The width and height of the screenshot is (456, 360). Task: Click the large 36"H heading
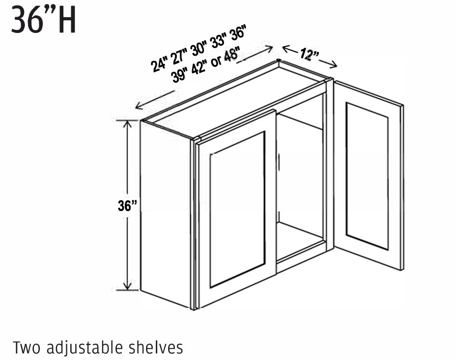[44, 20]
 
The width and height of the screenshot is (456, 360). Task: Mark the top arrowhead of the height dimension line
[128, 123]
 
